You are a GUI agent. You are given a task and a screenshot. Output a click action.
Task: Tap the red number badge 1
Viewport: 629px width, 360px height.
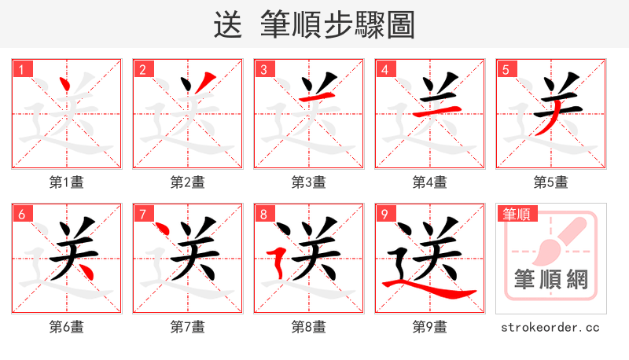21,69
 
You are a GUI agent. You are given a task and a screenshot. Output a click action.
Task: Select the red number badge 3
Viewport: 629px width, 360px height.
263,69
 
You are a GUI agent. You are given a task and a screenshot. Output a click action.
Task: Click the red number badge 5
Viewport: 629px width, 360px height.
506,69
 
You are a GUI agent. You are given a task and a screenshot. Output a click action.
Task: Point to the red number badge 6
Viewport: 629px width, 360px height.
21,214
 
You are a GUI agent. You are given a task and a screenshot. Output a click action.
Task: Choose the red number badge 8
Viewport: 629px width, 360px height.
263,214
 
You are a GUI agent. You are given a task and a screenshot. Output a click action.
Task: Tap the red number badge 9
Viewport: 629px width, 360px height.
384,214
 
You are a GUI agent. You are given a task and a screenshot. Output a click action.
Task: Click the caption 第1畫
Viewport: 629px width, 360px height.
66,182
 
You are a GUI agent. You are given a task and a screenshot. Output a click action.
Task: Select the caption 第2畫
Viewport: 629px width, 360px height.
187,182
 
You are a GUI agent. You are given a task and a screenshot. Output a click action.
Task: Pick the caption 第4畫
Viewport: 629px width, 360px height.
429,182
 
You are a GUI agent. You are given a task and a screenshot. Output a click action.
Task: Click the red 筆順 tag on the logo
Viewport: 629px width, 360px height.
515,214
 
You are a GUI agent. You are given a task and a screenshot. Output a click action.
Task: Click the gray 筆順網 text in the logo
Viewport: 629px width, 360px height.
550,280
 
